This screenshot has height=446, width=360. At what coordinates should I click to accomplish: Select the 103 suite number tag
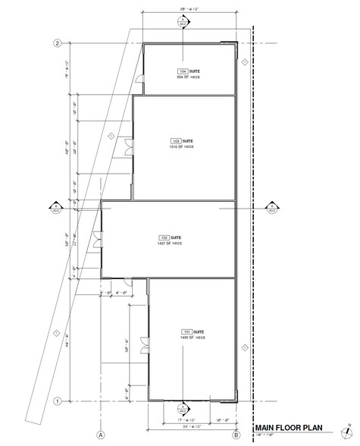click(x=176, y=141)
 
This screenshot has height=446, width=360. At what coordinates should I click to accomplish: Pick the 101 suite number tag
click(x=187, y=332)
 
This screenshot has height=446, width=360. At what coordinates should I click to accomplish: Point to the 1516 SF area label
click(x=182, y=148)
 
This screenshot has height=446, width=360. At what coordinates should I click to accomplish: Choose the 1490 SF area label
click(x=193, y=339)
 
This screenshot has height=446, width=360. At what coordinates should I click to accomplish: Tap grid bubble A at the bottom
click(x=99, y=435)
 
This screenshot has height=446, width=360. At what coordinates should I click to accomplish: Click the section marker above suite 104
click(x=183, y=22)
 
